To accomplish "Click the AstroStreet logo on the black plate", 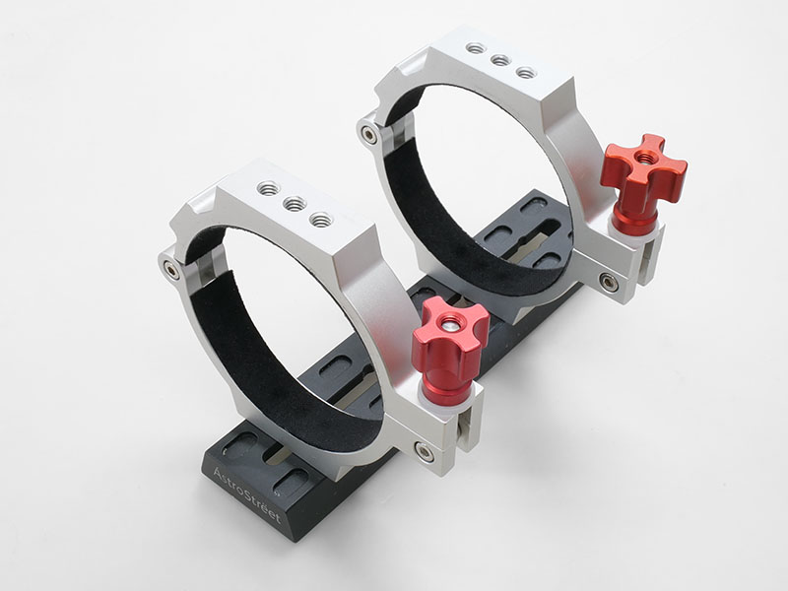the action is point(246,494).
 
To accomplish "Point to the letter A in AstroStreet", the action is point(218,474).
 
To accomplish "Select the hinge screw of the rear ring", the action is point(369,135).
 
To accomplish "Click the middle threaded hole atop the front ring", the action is point(295,204).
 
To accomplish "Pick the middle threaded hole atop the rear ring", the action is point(500,61).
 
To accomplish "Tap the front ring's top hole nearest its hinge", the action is point(268,188).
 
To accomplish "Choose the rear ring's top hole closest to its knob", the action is point(526,73).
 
